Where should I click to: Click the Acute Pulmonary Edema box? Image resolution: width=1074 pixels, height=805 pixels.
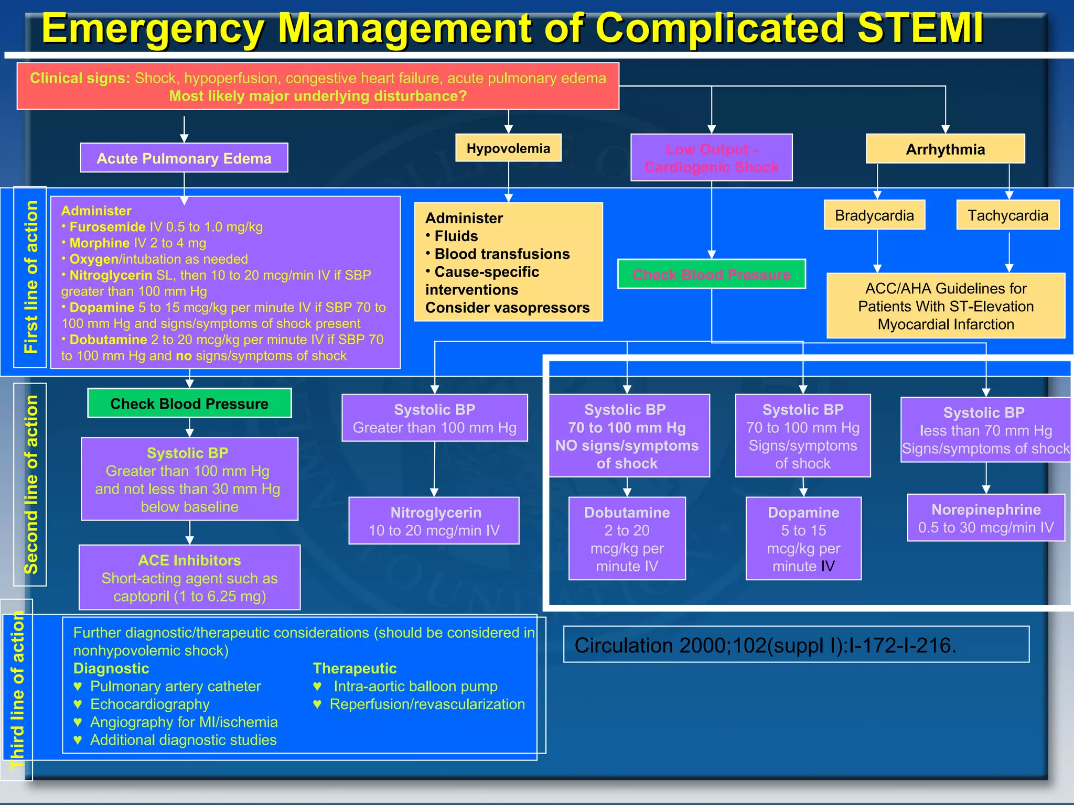(184, 158)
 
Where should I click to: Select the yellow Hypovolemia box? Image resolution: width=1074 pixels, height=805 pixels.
(508, 148)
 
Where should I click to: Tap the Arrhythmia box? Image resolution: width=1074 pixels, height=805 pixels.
(945, 149)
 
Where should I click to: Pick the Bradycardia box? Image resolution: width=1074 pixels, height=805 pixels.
(874, 215)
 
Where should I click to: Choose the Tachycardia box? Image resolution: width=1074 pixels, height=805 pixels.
(1007, 215)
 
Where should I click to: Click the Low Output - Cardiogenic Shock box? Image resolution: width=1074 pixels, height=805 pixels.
(711, 158)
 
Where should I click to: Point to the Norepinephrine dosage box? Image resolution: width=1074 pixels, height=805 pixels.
(985, 518)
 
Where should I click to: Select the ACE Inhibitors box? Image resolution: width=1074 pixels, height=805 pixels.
(189, 578)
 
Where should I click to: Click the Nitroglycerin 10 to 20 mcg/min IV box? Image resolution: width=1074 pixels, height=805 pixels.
(434, 521)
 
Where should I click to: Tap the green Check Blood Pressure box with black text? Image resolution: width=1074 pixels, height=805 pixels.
(189, 403)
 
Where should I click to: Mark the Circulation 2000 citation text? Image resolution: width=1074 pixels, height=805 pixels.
(765, 645)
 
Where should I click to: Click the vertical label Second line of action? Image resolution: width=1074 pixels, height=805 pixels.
(31, 484)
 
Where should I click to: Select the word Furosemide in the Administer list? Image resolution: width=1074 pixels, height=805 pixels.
(108, 227)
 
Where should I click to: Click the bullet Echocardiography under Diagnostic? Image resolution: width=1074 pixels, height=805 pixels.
(149, 704)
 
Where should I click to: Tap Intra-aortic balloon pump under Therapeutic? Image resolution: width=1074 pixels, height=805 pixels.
(415, 686)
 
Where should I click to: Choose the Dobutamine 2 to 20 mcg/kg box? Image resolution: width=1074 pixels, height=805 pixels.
(627, 539)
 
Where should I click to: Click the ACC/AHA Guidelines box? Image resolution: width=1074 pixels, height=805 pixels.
(945, 306)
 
